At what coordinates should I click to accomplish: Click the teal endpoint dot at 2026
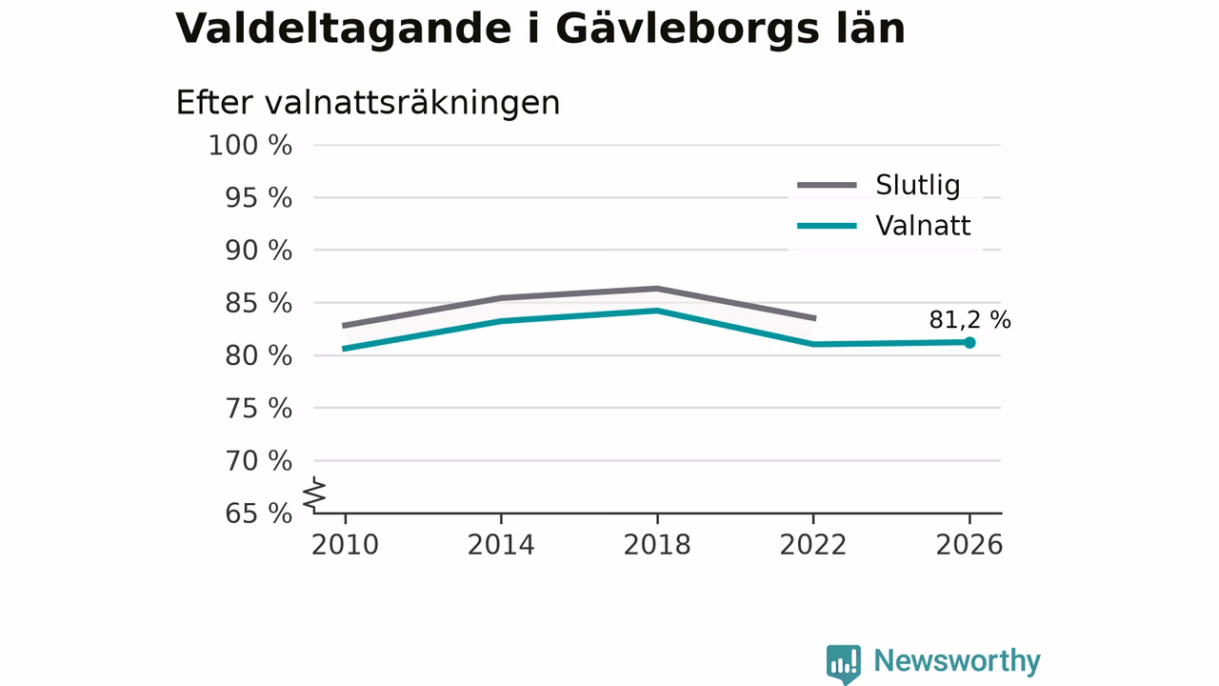pos(969,342)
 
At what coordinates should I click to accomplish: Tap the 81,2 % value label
pos(969,320)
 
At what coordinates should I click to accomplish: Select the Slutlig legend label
pos(917,185)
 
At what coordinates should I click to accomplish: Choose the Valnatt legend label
pos(923,226)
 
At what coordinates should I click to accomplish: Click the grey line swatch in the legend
pos(828,186)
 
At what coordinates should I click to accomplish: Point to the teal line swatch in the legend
pos(828,226)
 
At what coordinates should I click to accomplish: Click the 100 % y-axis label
pos(250,146)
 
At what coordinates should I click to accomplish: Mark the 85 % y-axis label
pos(258,303)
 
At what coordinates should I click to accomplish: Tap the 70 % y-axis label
pos(258,461)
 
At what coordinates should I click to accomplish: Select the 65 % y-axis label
pos(258,514)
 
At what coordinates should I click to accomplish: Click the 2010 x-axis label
pos(345,545)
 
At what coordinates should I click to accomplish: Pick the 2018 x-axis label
pos(657,545)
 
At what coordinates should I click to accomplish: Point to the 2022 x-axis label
pos(813,545)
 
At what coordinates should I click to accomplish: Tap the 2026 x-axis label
pos(969,545)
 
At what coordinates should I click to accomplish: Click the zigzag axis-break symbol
pos(314,494)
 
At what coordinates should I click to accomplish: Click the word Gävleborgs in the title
pos(687,29)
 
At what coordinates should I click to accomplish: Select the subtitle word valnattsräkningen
pos(412,103)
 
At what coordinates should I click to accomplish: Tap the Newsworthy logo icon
pos(844,664)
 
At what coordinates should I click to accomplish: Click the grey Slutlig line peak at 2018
pos(657,289)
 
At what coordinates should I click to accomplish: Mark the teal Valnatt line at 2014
pos(501,321)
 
